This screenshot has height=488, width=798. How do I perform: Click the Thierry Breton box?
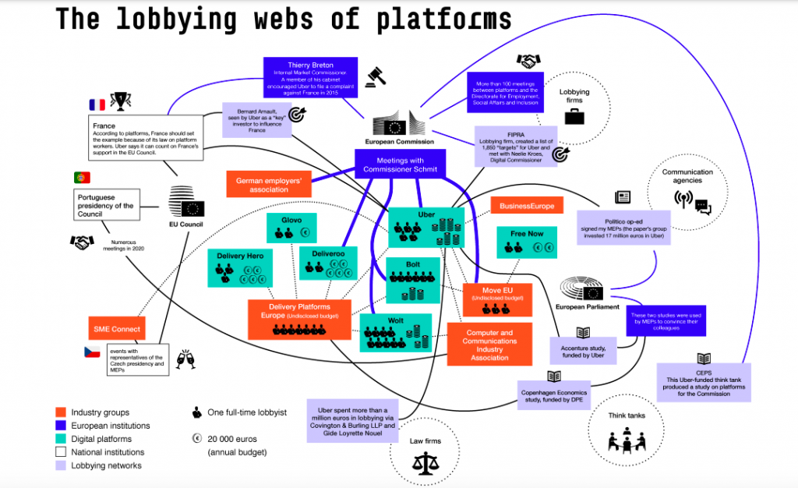[310, 77]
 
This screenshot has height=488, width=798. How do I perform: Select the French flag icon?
[97, 104]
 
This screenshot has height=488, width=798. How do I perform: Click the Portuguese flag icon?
[82, 178]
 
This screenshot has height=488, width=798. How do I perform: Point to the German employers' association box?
[269, 183]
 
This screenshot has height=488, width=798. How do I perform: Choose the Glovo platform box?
[291, 225]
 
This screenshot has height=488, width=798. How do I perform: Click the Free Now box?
[528, 242]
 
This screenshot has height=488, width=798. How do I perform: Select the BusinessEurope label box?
[527, 206]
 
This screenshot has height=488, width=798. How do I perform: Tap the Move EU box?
[496, 299]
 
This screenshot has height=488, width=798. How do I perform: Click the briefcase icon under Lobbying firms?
[574, 117]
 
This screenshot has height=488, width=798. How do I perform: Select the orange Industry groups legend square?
[61, 412]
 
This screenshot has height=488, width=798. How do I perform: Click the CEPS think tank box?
[704, 383]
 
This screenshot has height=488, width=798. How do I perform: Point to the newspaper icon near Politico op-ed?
[623, 197]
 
